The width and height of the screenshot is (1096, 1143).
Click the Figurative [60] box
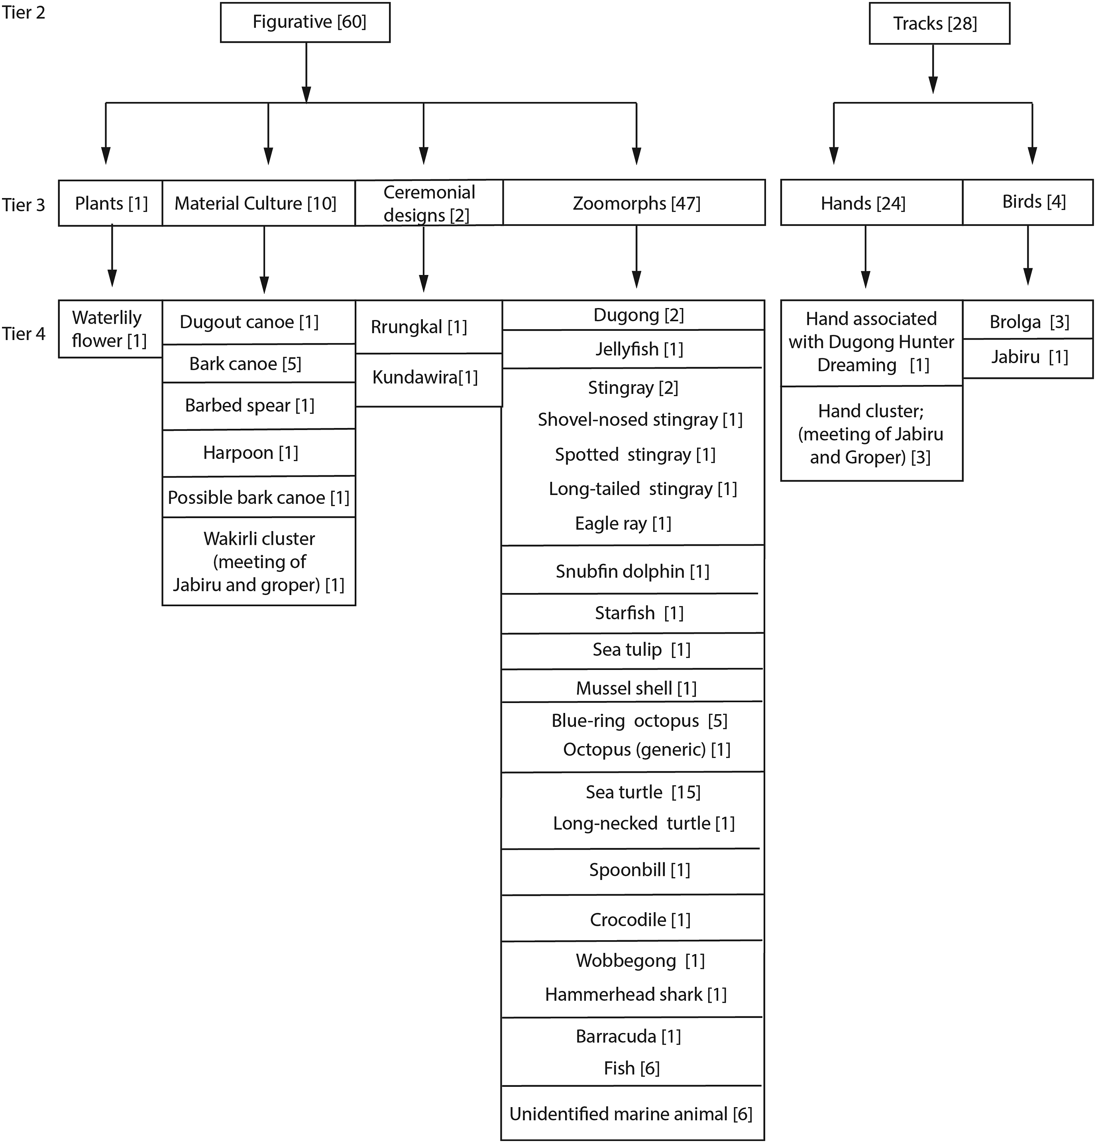(305, 22)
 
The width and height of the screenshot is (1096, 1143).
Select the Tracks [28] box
(939, 24)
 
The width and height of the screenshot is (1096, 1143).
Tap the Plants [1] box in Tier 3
(110, 203)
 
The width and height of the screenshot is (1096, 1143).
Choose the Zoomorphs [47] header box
(634, 202)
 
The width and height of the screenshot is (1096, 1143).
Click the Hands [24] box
(872, 202)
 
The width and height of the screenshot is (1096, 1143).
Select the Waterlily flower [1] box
(110, 329)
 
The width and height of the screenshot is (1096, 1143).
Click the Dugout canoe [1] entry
(258, 322)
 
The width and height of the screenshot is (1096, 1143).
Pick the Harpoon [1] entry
(258, 452)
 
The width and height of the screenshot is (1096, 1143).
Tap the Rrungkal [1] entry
(429, 326)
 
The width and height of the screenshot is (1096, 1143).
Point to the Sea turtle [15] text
(643, 792)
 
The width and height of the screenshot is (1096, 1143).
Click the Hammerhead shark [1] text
(636, 994)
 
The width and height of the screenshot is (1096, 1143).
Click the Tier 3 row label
(24, 205)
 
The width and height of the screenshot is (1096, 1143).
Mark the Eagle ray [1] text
(623, 523)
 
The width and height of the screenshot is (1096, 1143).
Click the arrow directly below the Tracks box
(933, 69)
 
